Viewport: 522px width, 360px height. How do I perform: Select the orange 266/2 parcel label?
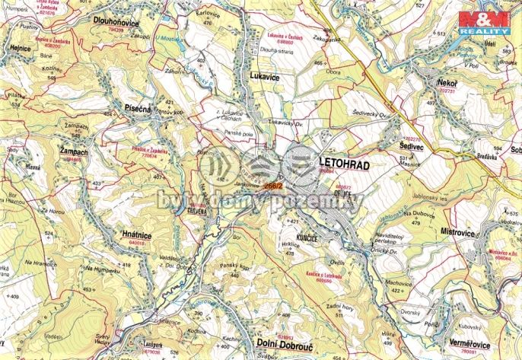(x=274, y=185)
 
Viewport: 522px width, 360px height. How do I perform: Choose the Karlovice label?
(x=208, y=14)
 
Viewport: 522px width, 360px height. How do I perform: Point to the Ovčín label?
(x=336, y=263)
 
